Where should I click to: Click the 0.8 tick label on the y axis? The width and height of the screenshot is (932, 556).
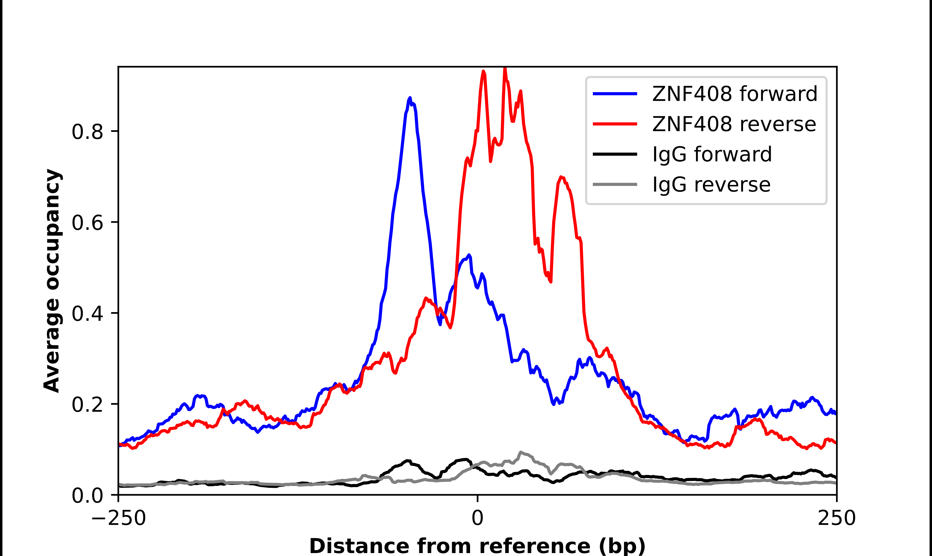(87, 132)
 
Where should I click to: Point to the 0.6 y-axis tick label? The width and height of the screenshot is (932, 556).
(87, 223)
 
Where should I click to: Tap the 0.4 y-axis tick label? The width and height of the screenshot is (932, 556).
(87, 314)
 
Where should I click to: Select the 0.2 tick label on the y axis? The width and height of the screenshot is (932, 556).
(87, 405)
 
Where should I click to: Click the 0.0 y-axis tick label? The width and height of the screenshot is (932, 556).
(87, 496)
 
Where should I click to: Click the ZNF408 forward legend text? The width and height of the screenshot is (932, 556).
(734, 94)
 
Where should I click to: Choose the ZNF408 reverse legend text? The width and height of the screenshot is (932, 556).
(734, 124)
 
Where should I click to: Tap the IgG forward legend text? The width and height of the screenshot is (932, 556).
(712, 154)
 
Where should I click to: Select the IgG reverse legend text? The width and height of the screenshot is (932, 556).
(711, 185)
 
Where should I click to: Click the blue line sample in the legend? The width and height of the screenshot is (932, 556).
(615, 94)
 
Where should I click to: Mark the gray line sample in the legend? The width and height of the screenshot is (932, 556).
(615, 184)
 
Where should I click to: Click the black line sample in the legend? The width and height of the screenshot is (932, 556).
(615, 154)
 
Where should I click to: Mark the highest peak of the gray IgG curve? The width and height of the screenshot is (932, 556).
(521, 452)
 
